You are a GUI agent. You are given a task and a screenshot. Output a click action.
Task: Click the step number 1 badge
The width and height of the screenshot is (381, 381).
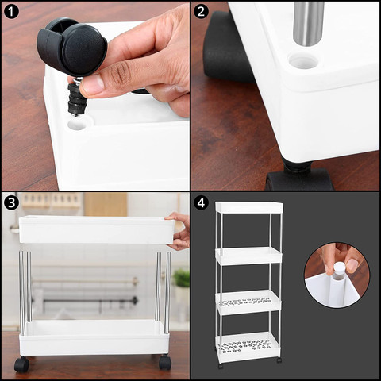[11, 11]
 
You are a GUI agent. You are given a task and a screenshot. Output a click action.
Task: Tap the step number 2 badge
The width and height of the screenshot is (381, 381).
[201, 11]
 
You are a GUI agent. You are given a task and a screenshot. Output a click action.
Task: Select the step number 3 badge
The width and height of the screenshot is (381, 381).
[11, 202]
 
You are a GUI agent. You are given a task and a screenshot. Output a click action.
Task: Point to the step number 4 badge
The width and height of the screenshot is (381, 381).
[201, 202]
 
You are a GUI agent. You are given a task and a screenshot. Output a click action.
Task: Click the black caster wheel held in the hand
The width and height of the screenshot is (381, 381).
[71, 46]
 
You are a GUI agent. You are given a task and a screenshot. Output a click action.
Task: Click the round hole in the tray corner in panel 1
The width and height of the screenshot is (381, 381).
[77, 125]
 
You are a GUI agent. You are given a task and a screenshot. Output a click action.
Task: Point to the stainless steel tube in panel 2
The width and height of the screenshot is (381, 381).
[309, 23]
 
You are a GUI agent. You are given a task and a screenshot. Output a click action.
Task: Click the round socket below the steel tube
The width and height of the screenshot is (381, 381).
[303, 61]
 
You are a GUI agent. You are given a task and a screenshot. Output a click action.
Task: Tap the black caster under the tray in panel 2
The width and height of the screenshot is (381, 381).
[299, 177]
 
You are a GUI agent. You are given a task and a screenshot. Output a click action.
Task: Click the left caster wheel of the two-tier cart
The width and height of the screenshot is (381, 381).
[21, 364]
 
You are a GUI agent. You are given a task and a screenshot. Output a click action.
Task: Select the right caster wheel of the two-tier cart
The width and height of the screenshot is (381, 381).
[165, 362]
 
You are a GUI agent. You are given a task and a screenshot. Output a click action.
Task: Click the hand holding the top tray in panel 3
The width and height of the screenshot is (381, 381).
[178, 231]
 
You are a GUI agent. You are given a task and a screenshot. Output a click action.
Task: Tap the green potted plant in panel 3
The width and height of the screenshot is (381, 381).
[182, 279]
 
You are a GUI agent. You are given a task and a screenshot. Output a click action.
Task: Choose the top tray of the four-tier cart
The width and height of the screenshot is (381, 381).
[249, 207]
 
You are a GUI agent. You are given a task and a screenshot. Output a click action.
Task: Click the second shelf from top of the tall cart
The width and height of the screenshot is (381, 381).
[248, 256]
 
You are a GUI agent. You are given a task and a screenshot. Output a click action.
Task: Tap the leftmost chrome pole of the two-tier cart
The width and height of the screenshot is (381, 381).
[22, 293]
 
